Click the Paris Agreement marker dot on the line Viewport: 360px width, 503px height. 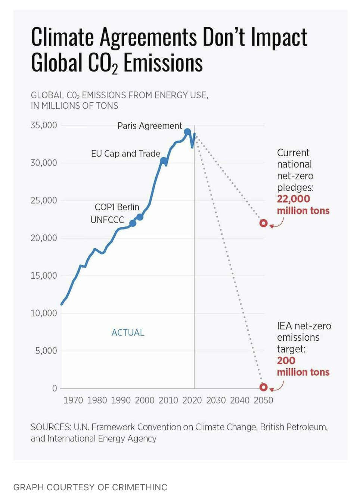tap(187, 132)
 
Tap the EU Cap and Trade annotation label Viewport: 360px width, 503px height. tap(125, 154)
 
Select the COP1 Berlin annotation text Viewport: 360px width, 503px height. tap(117, 207)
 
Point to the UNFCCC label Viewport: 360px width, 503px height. tap(107, 220)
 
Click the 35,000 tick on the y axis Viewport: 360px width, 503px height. tap(44, 125)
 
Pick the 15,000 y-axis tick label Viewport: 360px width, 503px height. tap(44, 275)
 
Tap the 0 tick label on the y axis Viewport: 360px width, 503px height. tap(55, 388)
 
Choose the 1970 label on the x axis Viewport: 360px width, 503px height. tap(73, 400)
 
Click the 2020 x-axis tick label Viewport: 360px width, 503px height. tap(192, 400)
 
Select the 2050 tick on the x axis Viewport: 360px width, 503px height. tap(263, 400)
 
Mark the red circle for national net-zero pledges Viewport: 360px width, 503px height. tap(264, 223)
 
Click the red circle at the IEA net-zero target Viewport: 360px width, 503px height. tap(264, 387)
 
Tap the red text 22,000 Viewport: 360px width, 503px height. tap(294, 199)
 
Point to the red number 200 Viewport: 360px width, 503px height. tap(286, 360)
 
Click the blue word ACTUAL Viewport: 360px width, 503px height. tap(128, 332)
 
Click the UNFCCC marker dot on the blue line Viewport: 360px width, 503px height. tap(133, 223)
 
